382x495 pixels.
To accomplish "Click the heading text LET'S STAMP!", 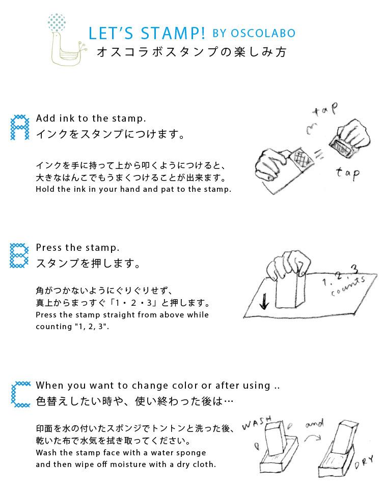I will [147, 34].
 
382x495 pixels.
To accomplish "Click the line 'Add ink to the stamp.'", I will [91, 119].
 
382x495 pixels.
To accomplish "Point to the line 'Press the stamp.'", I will [77, 248].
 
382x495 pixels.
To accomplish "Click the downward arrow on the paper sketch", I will [264, 303].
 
